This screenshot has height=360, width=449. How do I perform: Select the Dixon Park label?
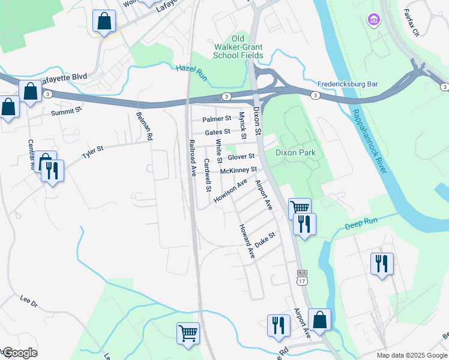(295, 153)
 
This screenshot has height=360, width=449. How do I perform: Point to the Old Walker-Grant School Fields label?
(238, 47)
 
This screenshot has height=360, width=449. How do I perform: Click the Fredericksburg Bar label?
(348, 85)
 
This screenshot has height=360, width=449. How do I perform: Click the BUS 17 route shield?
(301, 277)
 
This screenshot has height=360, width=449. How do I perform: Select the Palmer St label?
(217, 119)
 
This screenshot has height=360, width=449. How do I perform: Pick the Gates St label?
(217, 132)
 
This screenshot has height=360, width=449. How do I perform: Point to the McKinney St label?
(238, 170)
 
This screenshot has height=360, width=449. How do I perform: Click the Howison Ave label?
(231, 190)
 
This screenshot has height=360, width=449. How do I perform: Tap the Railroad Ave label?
(193, 158)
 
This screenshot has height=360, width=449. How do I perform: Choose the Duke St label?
(264, 239)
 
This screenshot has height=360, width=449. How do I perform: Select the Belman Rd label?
(146, 128)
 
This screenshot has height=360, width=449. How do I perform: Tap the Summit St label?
(66, 112)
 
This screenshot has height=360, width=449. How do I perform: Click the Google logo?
(19, 353)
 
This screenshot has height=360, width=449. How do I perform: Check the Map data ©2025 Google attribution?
(411, 355)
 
